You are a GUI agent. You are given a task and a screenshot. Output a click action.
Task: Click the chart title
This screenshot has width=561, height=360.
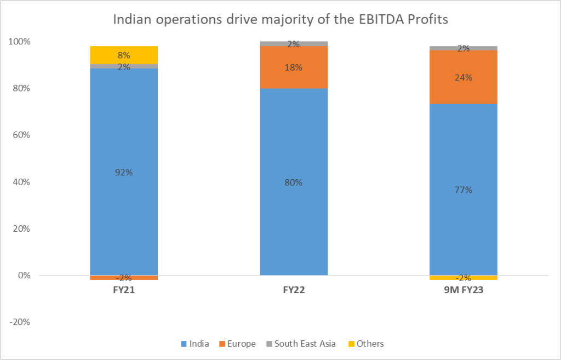[280, 20]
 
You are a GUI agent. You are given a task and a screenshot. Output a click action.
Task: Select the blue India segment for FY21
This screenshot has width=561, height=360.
[124, 142]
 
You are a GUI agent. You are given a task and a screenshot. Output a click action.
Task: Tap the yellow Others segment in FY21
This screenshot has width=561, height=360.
[124, 55]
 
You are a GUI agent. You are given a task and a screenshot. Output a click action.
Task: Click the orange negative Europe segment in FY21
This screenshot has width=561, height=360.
[124, 278]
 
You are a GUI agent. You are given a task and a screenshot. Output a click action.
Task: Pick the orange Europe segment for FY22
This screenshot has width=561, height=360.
[294, 67]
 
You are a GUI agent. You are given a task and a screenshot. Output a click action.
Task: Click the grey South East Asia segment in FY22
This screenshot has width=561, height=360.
[294, 43]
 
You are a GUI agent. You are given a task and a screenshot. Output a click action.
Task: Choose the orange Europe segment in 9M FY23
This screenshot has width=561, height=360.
[463, 77]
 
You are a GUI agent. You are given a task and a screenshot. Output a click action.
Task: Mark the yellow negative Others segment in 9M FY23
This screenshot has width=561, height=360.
[463, 278]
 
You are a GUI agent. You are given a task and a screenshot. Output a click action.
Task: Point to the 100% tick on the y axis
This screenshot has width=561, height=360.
[20, 42]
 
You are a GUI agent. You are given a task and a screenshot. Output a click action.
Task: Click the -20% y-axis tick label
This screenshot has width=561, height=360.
[20, 322]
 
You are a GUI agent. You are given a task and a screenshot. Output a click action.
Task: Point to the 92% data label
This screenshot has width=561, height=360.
[124, 172]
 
